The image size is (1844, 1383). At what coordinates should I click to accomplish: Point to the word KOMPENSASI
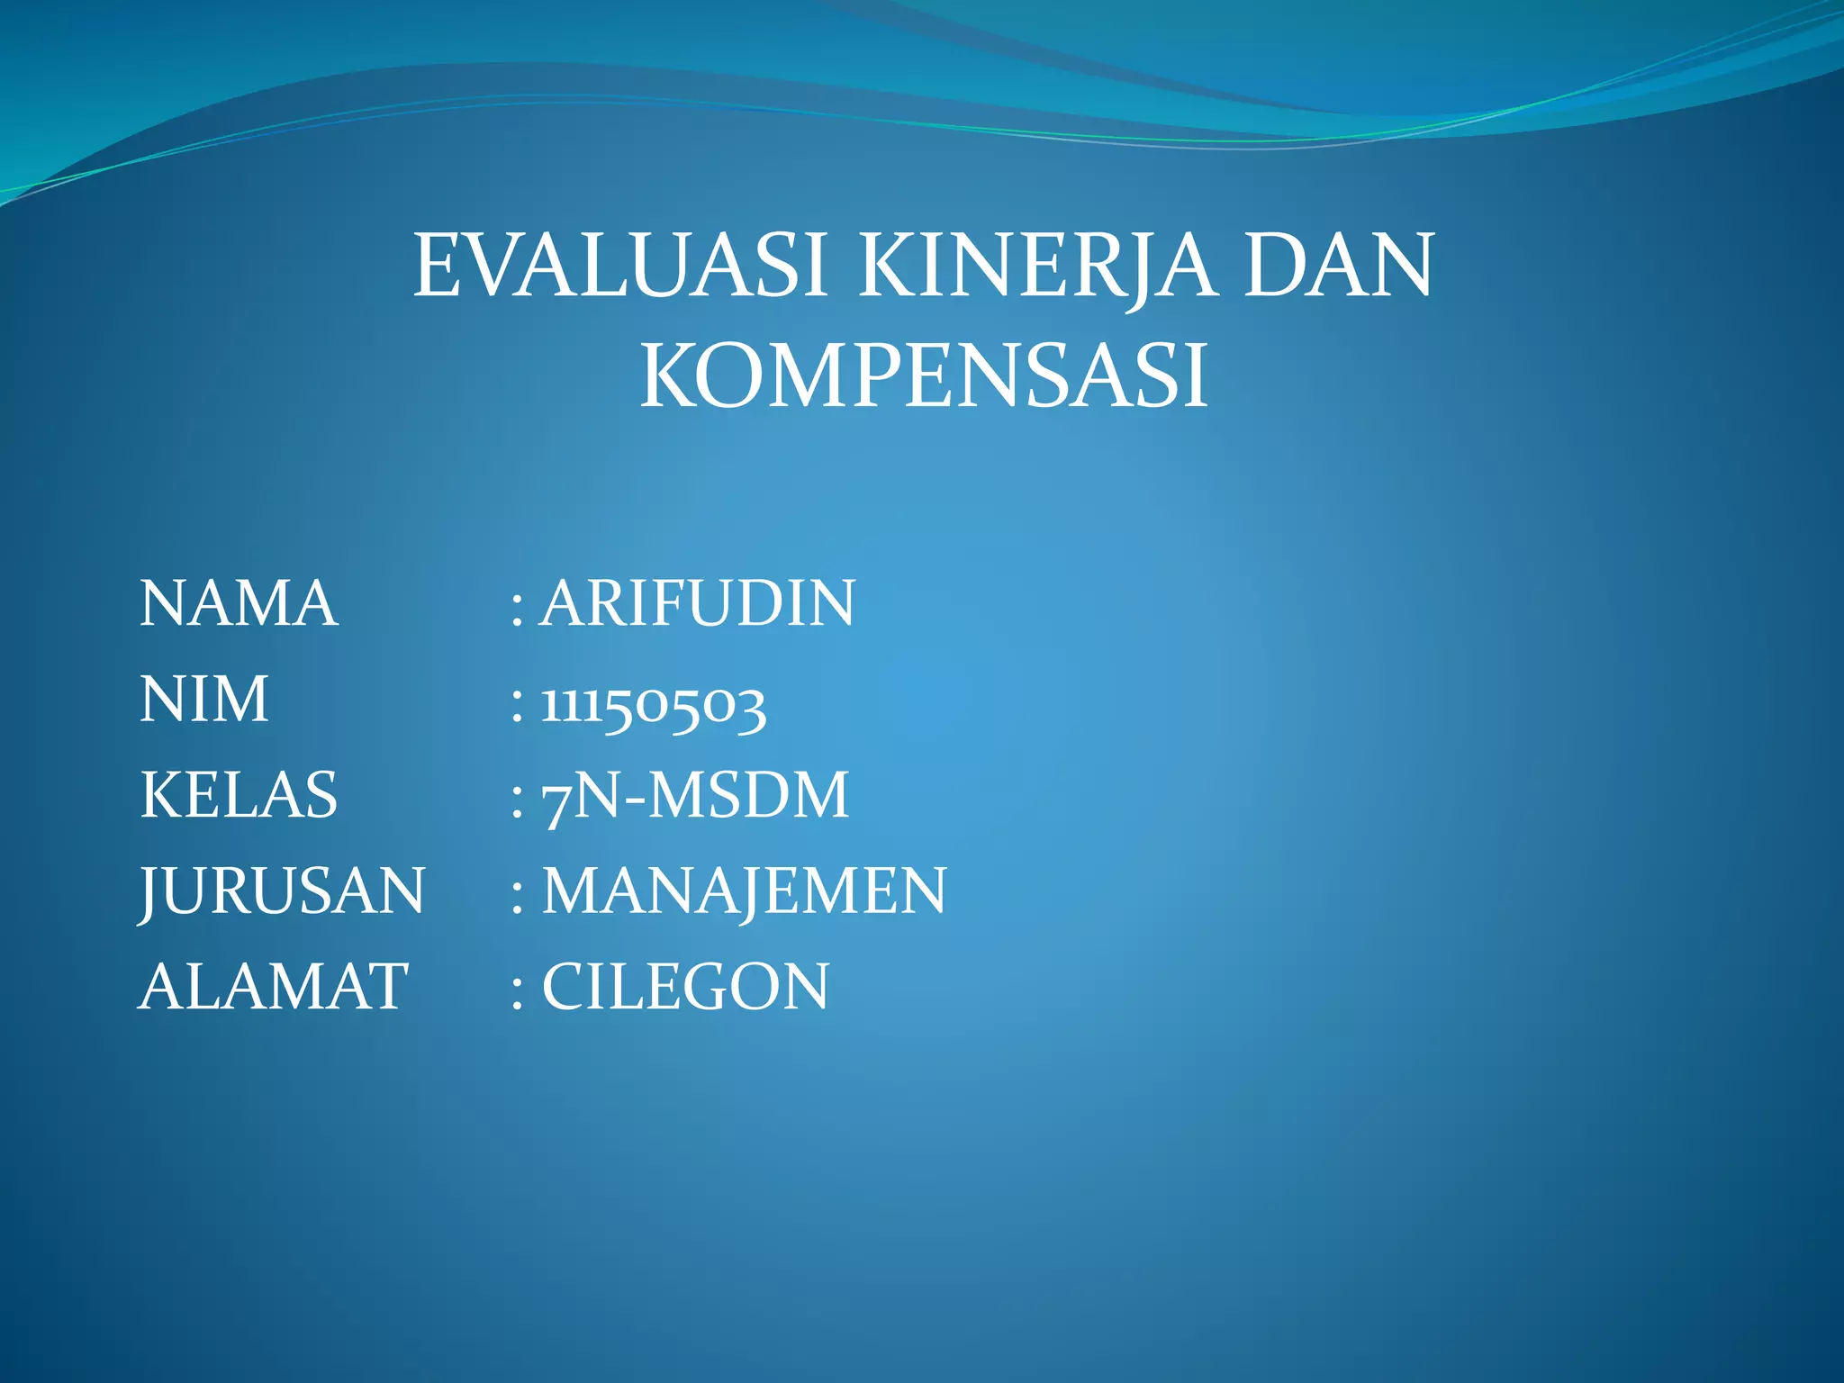(x=923, y=376)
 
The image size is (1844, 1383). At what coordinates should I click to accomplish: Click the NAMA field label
(x=239, y=603)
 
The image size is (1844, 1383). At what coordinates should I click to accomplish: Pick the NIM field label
(x=204, y=700)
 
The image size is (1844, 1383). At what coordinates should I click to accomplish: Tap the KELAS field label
(x=239, y=795)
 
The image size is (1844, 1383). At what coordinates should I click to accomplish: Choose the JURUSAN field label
(x=282, y=891)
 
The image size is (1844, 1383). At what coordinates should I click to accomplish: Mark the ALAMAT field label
(x=274, y=987)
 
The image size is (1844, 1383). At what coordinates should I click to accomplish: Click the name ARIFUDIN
(x=698, y=603)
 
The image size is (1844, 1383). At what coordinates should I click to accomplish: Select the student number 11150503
(x=654, y=705)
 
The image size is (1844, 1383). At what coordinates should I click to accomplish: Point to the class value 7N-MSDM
(x=695, y=797)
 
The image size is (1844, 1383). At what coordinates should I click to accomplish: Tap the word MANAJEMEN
(x=744, y=891)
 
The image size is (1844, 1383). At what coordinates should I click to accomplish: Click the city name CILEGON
(x=685, y=987)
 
